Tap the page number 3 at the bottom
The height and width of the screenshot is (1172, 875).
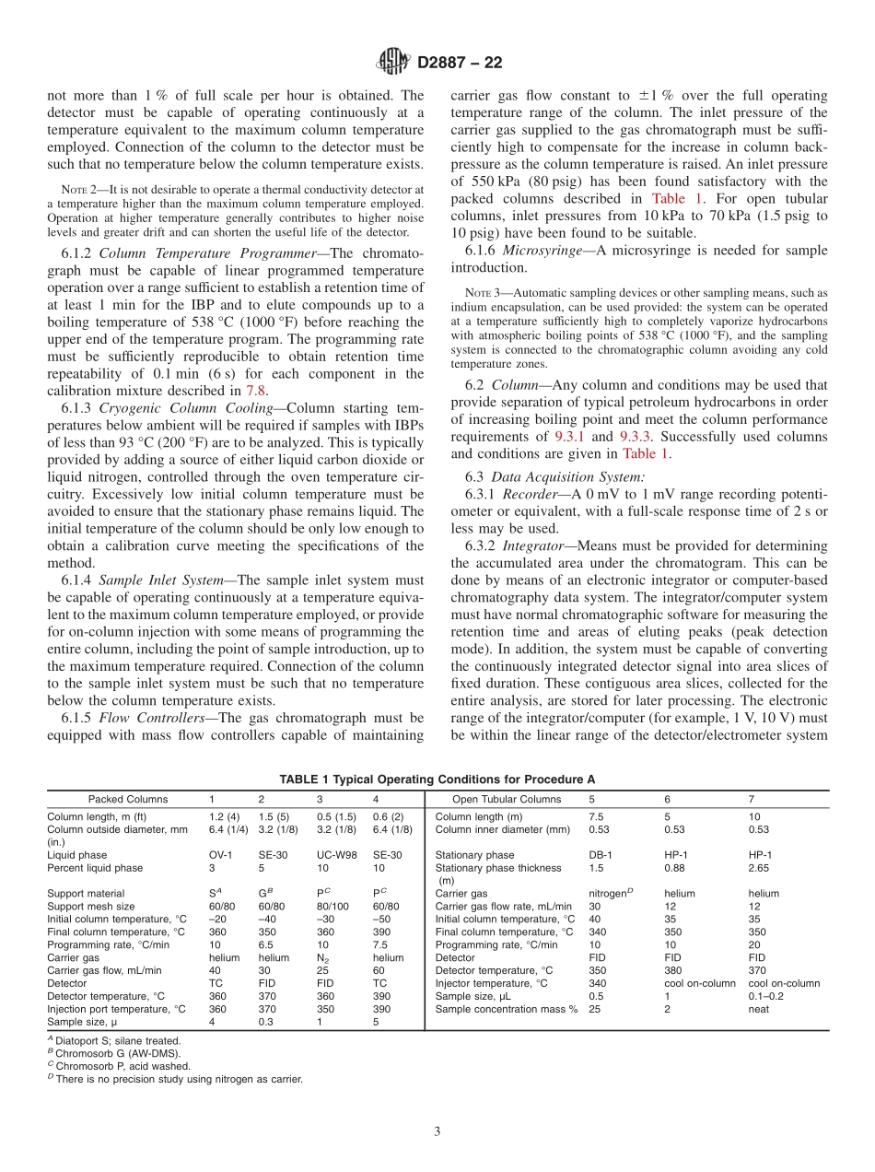point(437,1131)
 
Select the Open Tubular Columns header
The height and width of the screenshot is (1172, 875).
point(506,799)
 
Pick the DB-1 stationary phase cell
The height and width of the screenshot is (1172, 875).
point(600,855)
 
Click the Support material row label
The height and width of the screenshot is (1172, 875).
point(85,893)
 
